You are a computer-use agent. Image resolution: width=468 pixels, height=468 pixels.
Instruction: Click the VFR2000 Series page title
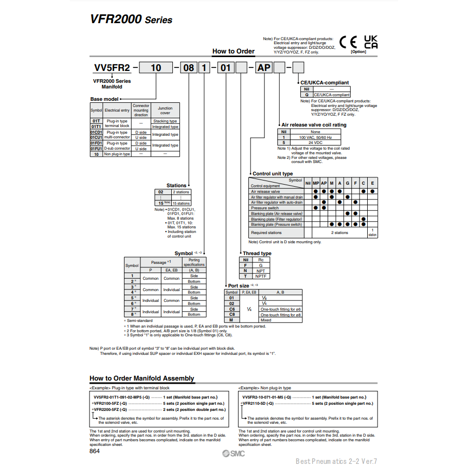(131, 20)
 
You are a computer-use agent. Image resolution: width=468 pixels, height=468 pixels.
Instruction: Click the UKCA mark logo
(371, 42)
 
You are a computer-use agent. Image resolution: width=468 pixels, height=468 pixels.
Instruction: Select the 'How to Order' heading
(233, 51)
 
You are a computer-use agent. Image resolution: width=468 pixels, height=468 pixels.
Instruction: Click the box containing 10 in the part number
(155, 67)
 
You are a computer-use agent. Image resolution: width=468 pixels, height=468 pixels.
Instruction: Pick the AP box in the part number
(264, 67)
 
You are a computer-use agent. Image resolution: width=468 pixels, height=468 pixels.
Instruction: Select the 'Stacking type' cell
(165, 121)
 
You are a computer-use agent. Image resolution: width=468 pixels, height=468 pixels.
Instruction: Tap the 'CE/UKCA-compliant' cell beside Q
(332, 95)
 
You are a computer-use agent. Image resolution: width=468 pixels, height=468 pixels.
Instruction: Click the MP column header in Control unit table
(316, 184)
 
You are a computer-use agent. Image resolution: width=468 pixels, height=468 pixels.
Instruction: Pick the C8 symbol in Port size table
(231, 314)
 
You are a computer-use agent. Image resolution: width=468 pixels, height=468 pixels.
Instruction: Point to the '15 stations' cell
(181, 203)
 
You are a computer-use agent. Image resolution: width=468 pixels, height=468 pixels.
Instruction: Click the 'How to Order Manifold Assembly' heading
(142, 379)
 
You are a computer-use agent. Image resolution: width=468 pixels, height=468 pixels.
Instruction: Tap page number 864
(95, 451)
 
